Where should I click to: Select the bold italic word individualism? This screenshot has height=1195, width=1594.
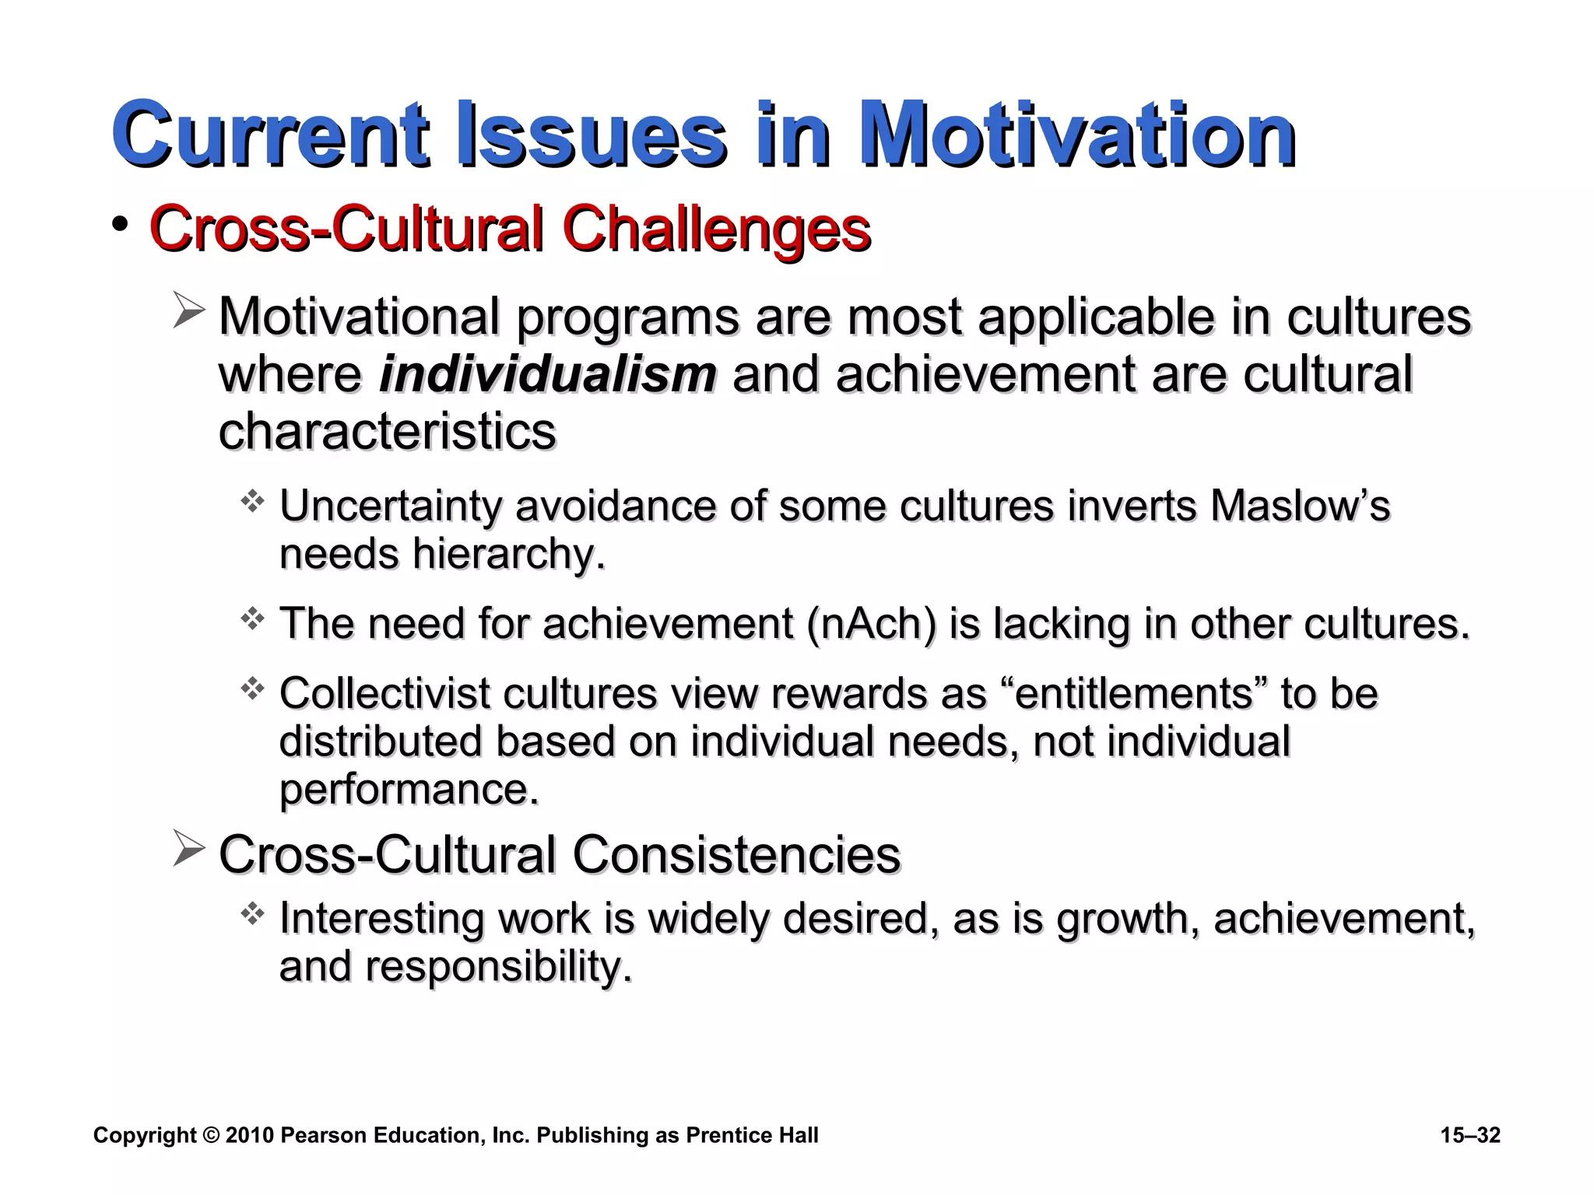point(547,374)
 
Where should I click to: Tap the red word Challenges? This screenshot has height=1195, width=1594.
point(715,229)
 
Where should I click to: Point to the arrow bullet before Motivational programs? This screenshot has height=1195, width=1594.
point(188,311)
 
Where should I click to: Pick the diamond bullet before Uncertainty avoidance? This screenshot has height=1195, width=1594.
point(252,501)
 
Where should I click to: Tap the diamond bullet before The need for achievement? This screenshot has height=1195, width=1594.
point(252,619)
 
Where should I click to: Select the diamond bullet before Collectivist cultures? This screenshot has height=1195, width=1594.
point(252,689)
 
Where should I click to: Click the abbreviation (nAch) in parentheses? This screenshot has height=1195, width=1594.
point(872,624)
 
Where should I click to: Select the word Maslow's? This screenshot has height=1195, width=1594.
point(1300,506)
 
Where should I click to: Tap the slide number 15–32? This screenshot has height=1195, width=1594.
point(1470,1135)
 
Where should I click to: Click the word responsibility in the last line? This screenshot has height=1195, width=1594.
point(498,966)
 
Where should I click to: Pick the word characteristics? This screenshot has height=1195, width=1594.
point(387,431)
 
